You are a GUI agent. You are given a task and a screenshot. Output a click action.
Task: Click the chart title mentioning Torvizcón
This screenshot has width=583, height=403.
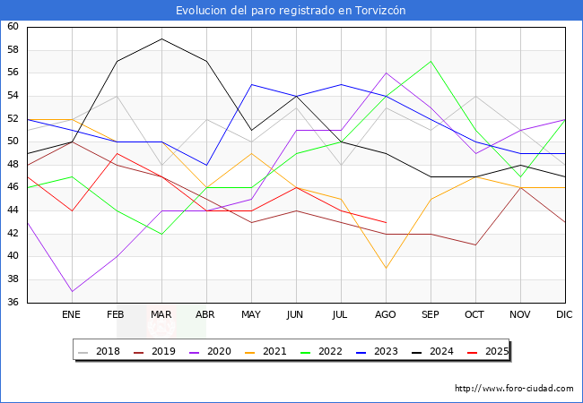click(291, 11)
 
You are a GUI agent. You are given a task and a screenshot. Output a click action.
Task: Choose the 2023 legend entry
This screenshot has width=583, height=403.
click(376, 351)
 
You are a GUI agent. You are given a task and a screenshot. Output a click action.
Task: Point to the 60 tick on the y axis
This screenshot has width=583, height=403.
click(13, 27)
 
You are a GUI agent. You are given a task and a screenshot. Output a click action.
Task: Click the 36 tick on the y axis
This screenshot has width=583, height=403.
click(13, 303)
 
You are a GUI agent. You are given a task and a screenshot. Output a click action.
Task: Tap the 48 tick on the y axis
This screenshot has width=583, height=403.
click(13, 165)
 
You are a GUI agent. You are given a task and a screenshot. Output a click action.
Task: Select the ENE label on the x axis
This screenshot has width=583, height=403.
click(72, 315)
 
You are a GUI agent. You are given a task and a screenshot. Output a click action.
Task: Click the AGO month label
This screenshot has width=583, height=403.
click(386, 315)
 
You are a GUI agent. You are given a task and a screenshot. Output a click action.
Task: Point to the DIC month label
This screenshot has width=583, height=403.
click(564, 315)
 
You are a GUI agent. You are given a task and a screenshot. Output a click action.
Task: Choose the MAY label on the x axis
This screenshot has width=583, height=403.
click(251, 315)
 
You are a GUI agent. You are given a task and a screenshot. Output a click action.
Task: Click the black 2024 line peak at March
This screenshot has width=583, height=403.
click(161, 39)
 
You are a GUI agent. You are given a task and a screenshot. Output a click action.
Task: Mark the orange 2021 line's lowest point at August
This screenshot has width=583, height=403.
click(386, 268)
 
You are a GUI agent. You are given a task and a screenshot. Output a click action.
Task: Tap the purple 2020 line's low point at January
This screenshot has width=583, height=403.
click(72, 291)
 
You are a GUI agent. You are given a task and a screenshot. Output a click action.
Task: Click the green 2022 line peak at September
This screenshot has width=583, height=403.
click(431, 61)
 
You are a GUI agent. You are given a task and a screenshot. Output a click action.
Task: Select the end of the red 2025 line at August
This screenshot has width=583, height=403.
click(386, 222)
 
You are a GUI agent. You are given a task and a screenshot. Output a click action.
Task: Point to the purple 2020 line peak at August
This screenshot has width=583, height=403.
click(386, 73)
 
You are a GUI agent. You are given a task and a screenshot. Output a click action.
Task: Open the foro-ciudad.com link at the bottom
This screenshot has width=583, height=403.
click(514, 389)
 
